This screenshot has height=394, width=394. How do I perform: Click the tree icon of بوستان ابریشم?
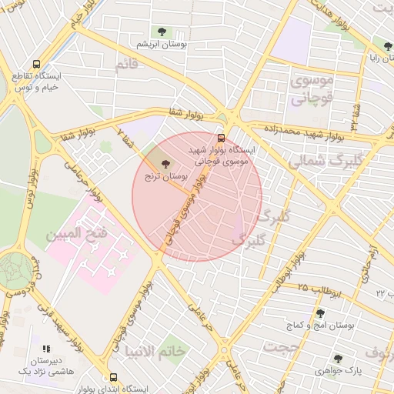pos(162,32)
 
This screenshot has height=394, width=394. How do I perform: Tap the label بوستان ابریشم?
pos(162,45)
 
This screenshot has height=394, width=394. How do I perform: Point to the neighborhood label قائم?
pos(126,66)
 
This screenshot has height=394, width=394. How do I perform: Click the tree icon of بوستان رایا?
pos(388,46)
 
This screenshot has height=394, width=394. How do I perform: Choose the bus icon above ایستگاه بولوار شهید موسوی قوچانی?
pos(222,138)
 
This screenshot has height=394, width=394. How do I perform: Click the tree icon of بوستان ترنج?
pos(166,162)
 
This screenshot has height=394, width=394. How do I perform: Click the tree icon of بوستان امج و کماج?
pos(320,312)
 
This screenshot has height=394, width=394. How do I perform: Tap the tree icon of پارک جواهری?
pos(337,358)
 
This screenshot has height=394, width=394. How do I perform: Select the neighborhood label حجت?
pos(280,348)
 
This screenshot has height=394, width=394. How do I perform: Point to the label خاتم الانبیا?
pos(156,351)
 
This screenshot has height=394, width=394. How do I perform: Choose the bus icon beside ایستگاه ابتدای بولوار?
pos(114,378)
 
